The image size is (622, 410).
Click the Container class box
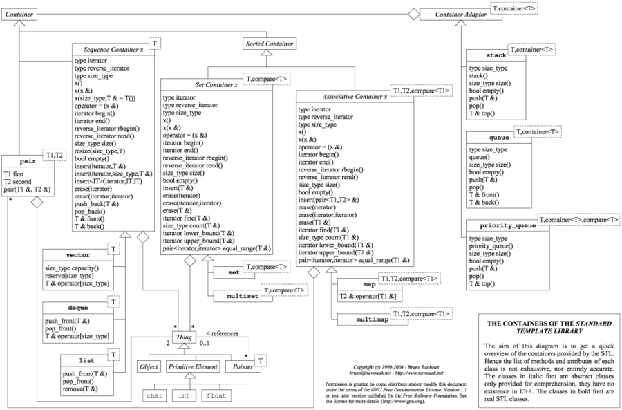pyautogui.click(x=18, y=14)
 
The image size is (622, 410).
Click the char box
pyautogui.click(x=152, y=396)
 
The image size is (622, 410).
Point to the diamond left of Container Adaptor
pyautogui.click(x=413, y=13)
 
